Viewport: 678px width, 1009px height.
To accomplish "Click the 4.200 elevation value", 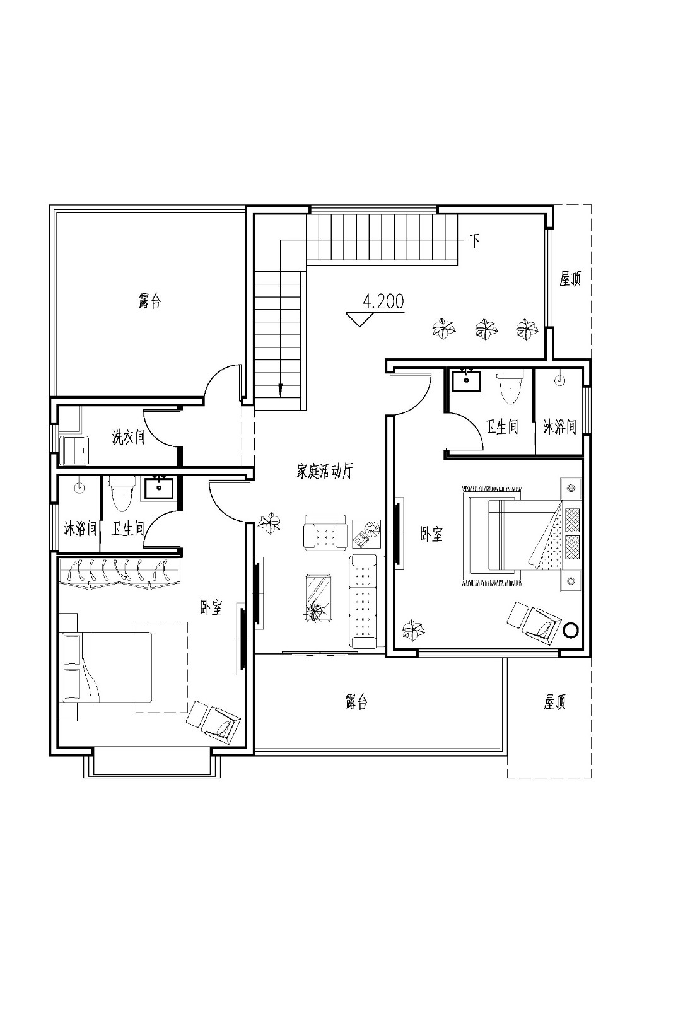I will click(x=383, y=302).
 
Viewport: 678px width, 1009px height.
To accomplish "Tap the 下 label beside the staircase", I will click(x=474, y=240).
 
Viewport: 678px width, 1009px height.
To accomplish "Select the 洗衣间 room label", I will click(x=129, y=436).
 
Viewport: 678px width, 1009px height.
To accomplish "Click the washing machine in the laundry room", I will click(x=74, y=450).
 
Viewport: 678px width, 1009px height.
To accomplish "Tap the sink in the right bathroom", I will click(x=466, y=381).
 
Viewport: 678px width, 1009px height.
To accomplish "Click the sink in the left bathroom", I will click(x=158, y=487).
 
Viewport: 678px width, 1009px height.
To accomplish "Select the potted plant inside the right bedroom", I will click(x=413, y=630).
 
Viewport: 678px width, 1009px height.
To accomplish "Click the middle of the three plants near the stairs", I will click(x=485, y=328).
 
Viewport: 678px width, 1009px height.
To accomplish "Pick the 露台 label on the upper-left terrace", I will click(x=149, y=301).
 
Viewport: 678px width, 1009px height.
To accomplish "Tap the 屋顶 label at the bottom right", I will click(x=554, y=702).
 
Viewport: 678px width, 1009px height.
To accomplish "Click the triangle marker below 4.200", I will click(x=360, y=319).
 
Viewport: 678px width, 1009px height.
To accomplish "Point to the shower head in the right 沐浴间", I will click(x=559, y=380).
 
